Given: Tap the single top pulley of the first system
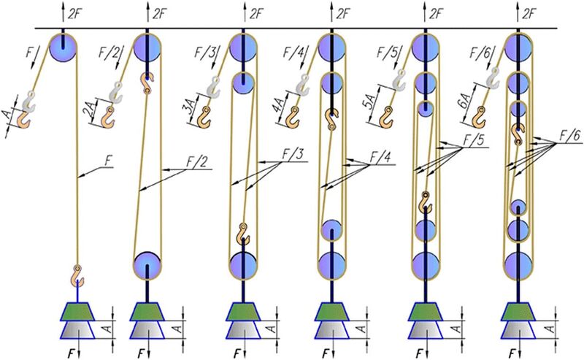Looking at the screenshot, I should pos(64,47).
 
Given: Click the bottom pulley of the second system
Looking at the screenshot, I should pos(147,263).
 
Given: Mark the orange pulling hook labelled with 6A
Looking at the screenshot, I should pos(481,114).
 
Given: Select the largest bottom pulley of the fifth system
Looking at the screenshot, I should pos(425,264).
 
